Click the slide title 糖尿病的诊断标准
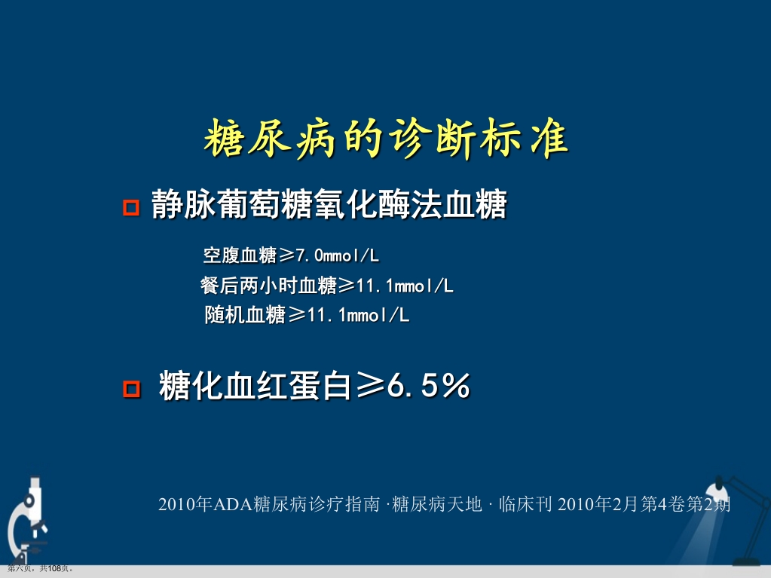click(385, 140)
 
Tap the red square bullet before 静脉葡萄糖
click(131, 207)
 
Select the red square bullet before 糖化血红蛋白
click(131, 389)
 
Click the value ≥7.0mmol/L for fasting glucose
click(329, 256)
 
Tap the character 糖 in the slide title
click(222, 140)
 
